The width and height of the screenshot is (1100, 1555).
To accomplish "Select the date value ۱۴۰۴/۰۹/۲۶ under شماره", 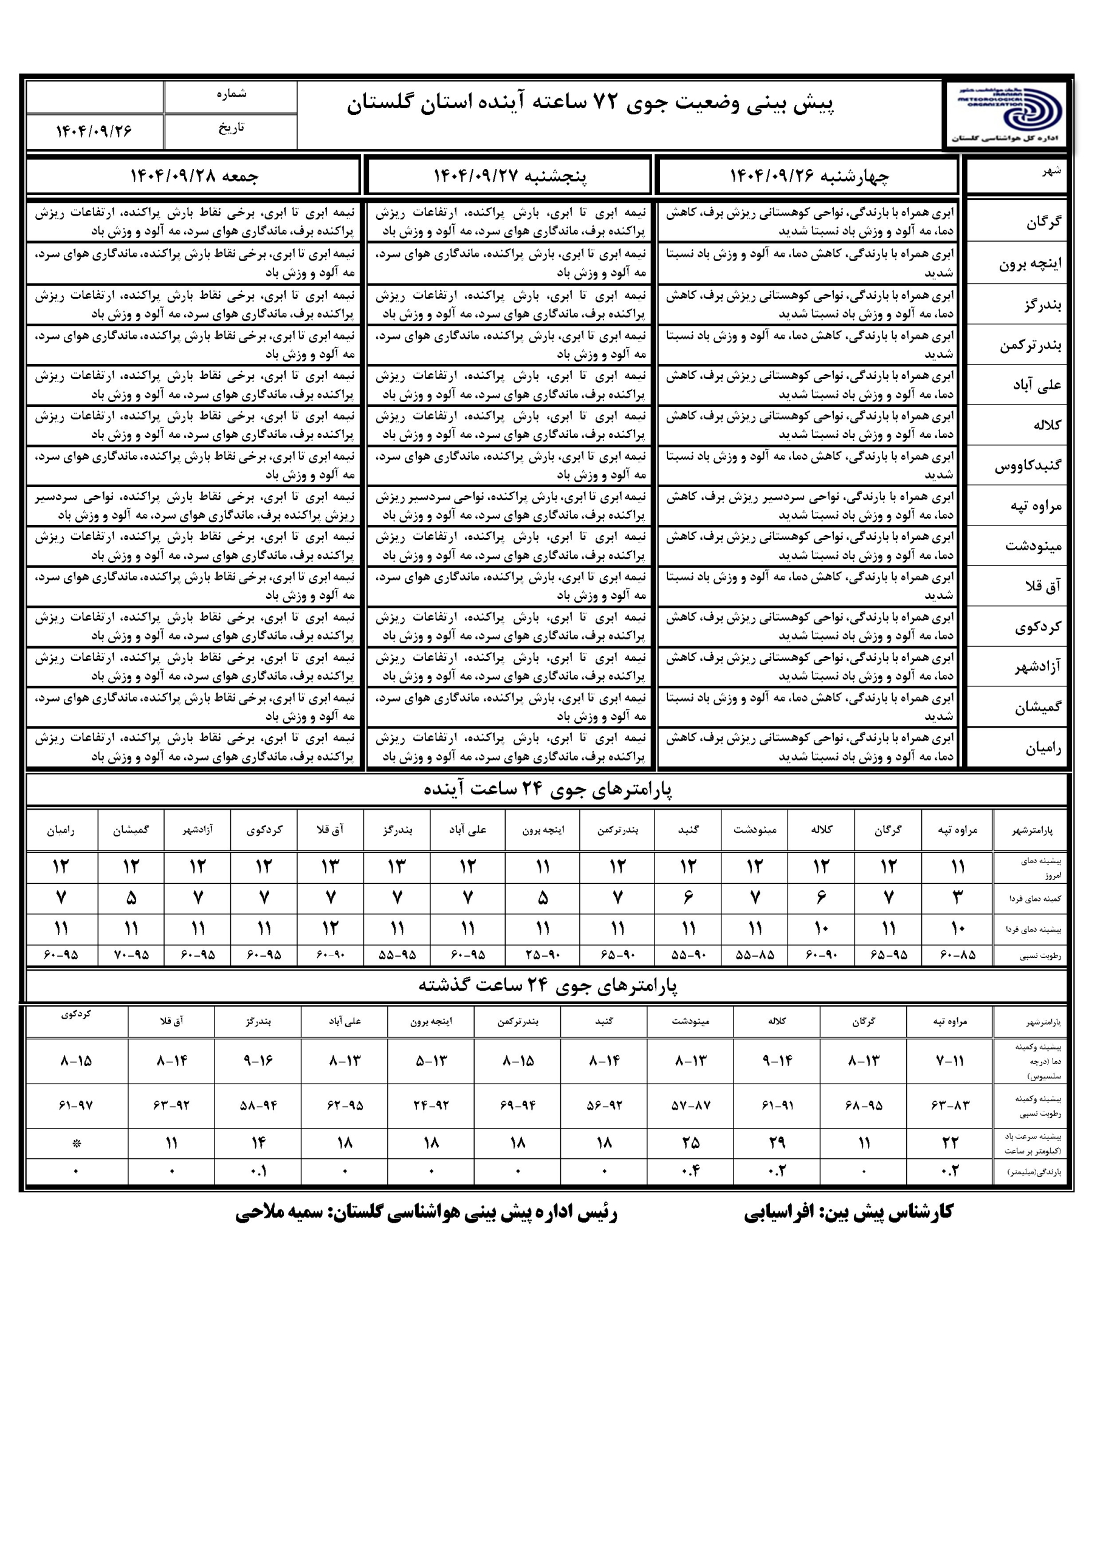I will [94, 131].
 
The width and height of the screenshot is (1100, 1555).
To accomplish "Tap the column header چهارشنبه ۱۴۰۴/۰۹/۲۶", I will [808, 176].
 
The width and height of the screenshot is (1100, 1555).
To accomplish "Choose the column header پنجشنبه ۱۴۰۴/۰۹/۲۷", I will [510, 176].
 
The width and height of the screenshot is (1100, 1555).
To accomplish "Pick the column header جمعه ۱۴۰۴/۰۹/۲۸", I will [194, 176].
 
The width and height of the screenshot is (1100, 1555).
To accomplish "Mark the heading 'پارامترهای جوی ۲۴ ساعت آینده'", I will [548, 790].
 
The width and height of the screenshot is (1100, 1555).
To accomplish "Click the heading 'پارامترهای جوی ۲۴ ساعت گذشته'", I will [548, 986].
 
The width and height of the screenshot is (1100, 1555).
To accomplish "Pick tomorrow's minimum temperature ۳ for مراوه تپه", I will [957, 898].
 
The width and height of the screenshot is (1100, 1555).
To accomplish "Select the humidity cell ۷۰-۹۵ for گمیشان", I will [131, 955].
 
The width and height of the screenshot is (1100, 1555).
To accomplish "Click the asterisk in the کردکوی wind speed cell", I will [77, 1144].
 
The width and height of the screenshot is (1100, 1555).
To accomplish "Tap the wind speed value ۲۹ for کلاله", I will [777, 1143].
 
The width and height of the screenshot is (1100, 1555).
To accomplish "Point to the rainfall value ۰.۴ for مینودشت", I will [690, 1171].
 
